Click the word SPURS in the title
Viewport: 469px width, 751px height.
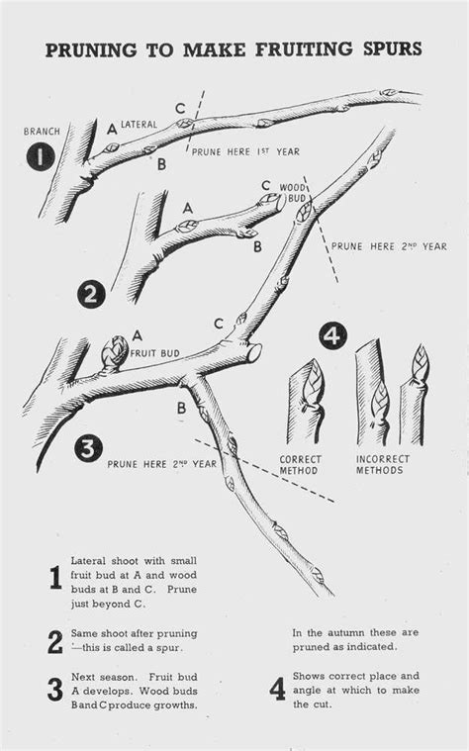coord(393,49)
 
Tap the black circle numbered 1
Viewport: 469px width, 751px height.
coord(41,156)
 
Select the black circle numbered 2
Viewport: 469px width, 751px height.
coord(91,295)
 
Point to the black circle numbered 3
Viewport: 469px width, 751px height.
coord(88,449)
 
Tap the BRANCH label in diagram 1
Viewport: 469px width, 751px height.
coord(43,132)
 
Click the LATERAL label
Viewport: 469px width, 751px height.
coord(139,125)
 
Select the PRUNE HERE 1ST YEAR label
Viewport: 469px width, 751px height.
coord(245,151)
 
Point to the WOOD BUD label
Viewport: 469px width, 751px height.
coord(292,192)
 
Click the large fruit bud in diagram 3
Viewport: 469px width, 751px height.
coord(115,352)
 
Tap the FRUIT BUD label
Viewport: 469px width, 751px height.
coord(155,353)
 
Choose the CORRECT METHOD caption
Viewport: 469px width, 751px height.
coord(301,465)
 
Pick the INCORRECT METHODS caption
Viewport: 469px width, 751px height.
coord(382,465)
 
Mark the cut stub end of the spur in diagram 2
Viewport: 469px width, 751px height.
coord(279,203)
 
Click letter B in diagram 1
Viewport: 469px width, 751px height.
coord(162,164)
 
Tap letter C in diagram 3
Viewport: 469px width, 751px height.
coord(219,325)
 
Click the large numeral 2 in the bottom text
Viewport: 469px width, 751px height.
coord(55,642)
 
